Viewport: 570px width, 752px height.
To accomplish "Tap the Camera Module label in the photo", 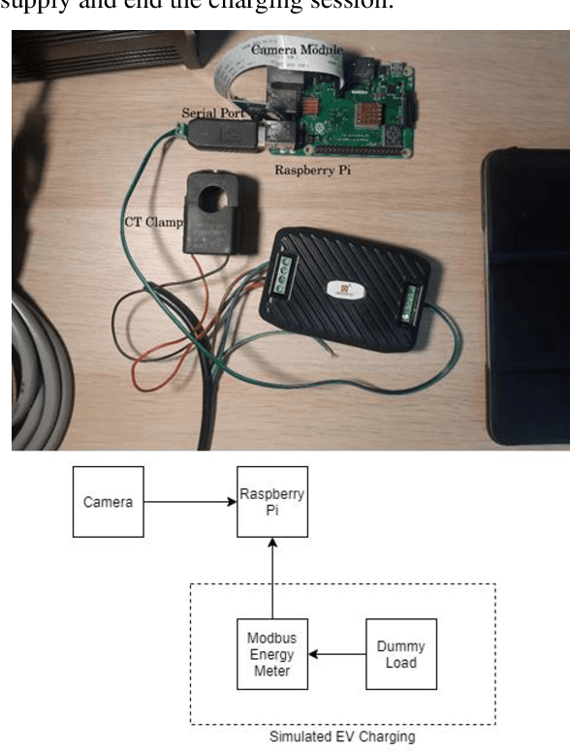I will coord(296,48).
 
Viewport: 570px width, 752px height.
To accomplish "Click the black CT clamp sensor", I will coord(221,214).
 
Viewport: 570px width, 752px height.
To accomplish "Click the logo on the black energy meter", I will coord(347,288).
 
